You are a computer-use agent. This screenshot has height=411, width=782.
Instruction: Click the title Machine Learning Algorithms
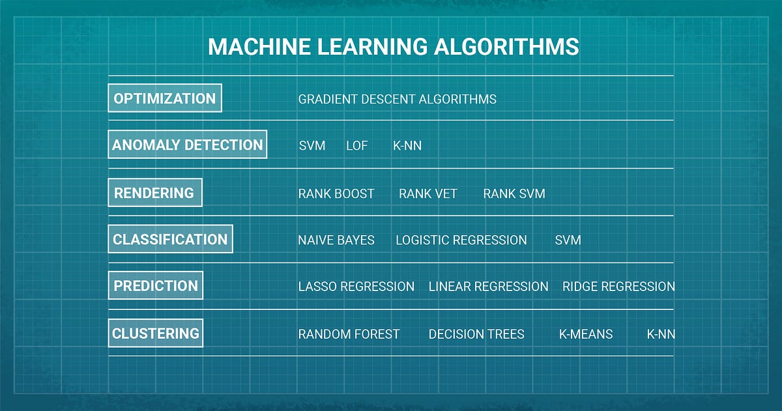(x=393, y=48)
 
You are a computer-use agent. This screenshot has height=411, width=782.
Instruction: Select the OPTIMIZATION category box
(x=165, y=98)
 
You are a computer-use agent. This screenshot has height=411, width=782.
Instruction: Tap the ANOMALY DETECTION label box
(x=188, y=145)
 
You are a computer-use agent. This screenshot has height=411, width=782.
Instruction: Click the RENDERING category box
(x=154, y=193)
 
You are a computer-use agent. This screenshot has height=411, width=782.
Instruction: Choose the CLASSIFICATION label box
(x=170, y=239)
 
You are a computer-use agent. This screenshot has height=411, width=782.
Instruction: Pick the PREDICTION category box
(x=156, y=286)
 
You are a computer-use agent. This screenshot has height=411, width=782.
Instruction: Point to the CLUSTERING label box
(x=156, y=333)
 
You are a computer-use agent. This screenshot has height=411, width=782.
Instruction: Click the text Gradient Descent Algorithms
(x=397, y=99)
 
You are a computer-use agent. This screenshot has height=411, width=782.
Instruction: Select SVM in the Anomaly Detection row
(x=311, y=146)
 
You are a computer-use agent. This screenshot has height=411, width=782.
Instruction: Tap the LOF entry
(x=356, y=146)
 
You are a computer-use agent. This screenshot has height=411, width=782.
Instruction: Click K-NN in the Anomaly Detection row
(x=407, y=146)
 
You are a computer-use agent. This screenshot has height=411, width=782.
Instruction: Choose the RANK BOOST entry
(x=336, y=193)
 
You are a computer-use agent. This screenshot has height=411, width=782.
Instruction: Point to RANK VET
(x=427, y=193)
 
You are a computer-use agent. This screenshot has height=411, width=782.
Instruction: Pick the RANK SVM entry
(x=514, y=193)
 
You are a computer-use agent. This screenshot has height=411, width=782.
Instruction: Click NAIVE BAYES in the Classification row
(x=336, y=240)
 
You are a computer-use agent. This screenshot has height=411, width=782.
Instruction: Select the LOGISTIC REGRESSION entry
(x=461, y=240)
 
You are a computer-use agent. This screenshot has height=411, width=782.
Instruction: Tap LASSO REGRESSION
(x=356, y=287)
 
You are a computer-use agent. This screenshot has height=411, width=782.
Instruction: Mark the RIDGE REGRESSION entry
(x=618, y=287)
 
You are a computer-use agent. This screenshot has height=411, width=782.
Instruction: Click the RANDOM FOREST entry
(x=349, y=334)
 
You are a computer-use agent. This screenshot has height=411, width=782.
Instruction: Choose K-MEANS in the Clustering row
(x=586, y=334)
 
